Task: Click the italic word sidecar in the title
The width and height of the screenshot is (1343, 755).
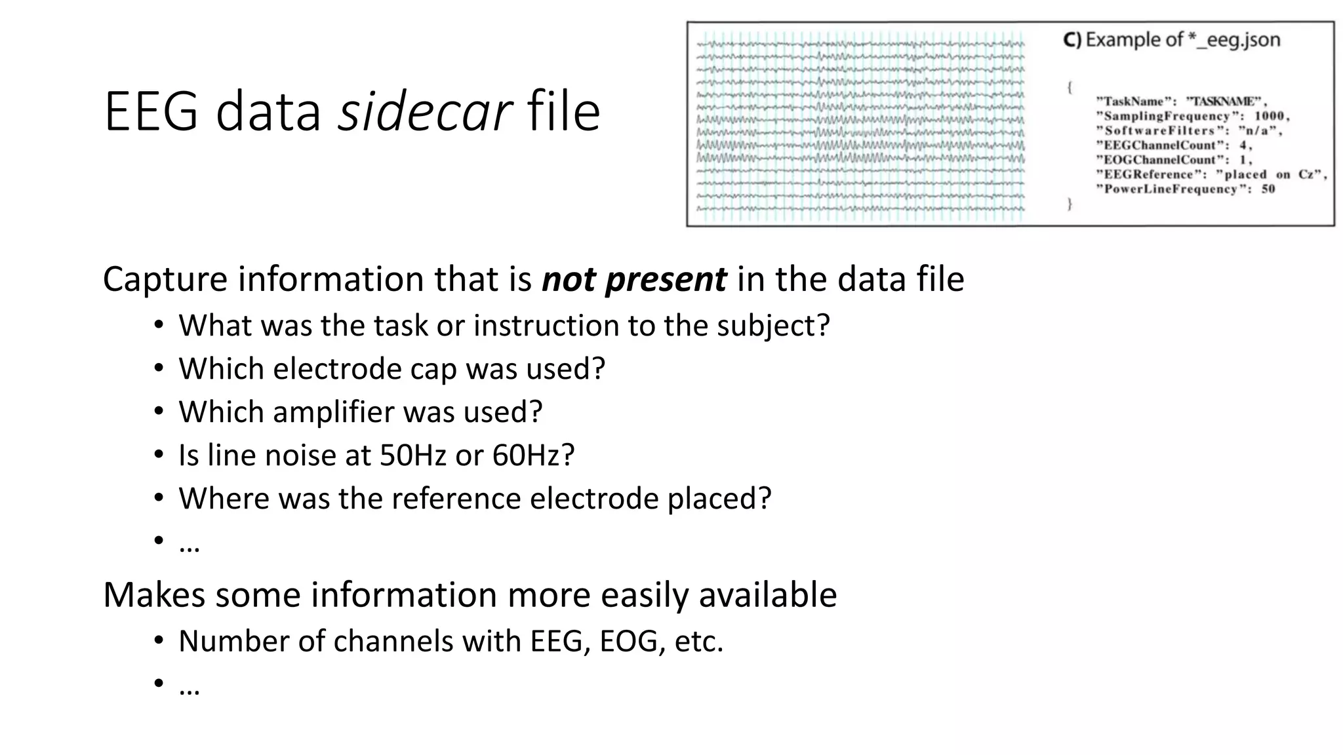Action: click(424, 112)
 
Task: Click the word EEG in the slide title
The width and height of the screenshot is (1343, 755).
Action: click(151, 112)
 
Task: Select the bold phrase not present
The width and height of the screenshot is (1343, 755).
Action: click(633, 280)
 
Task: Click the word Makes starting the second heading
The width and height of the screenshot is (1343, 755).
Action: click(154, 595)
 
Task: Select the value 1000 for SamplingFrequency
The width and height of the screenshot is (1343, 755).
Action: click(1271, 116)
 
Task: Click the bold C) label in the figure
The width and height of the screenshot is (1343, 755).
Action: click(1072, 40)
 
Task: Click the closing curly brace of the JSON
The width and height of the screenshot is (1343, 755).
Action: click(1070, 204)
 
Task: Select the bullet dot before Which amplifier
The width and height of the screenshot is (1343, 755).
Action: click(159, 412)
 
